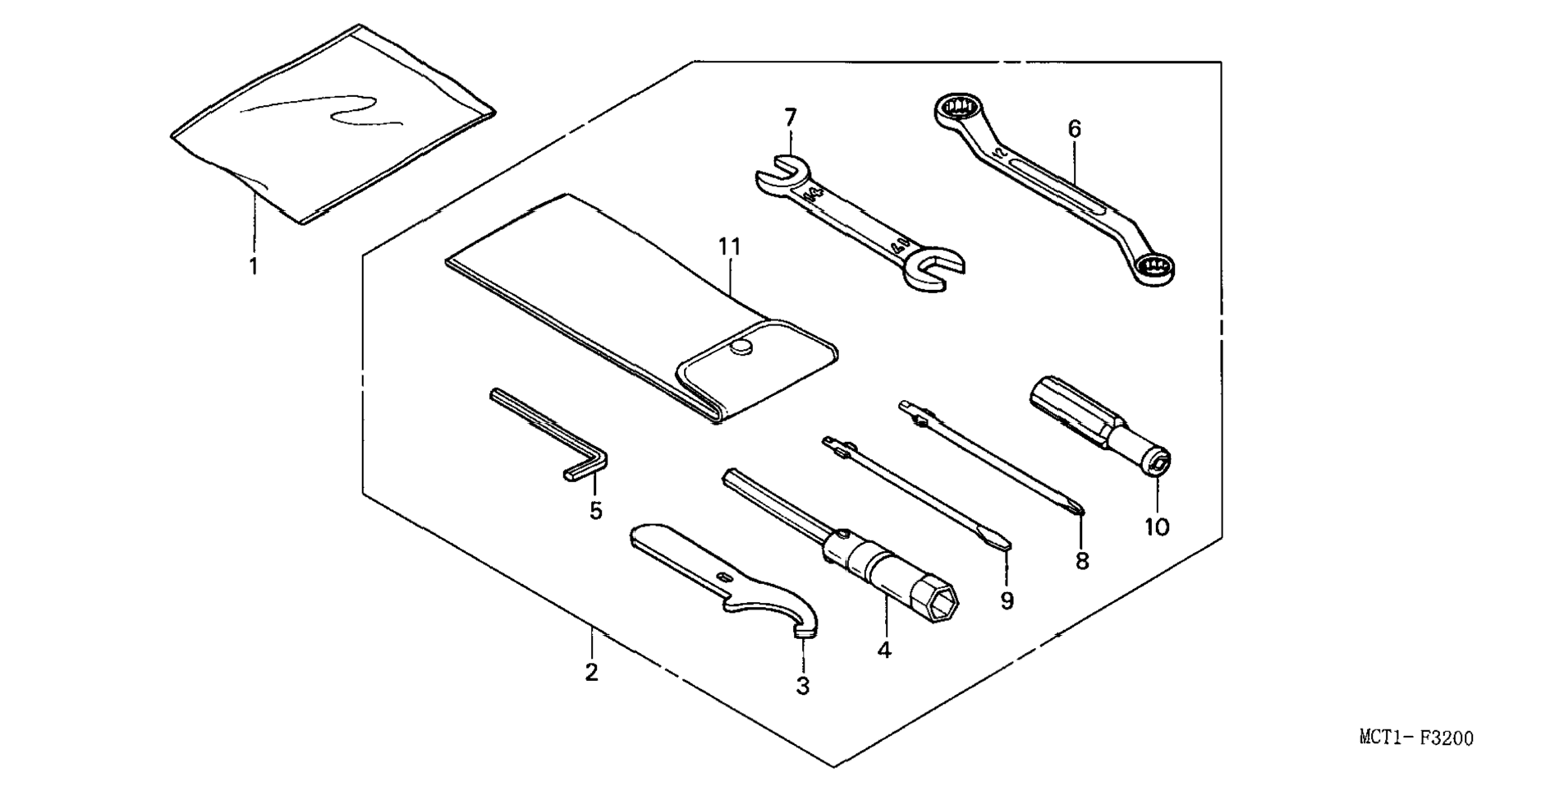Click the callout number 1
click(x=254, y=266)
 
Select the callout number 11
click(x=729, y=246)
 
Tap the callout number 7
click(x=790, y=118)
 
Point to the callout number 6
click(x=1075, y=129)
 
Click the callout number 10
click(x=1157, y=527)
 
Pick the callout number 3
click(x=803, y=686)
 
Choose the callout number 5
click(x=595, y=511)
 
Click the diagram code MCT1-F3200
click(x=1416, y=738)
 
